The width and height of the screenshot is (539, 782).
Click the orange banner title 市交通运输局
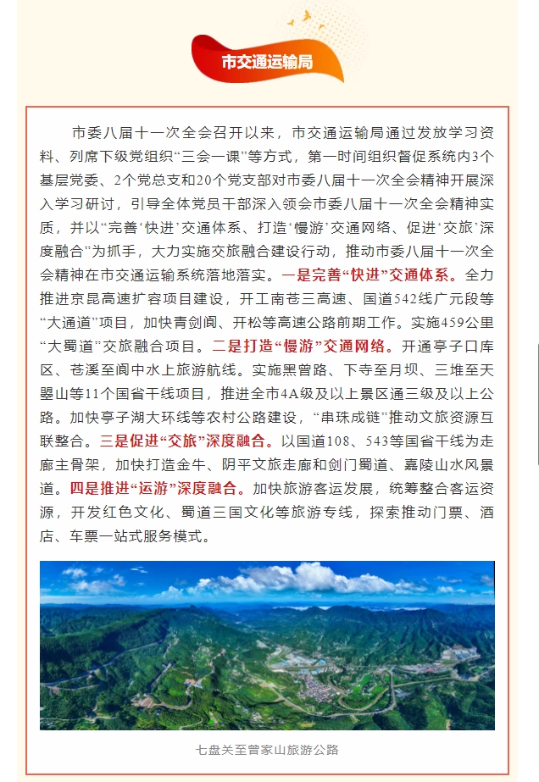(266, 62)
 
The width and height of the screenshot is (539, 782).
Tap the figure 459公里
(464, 322)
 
